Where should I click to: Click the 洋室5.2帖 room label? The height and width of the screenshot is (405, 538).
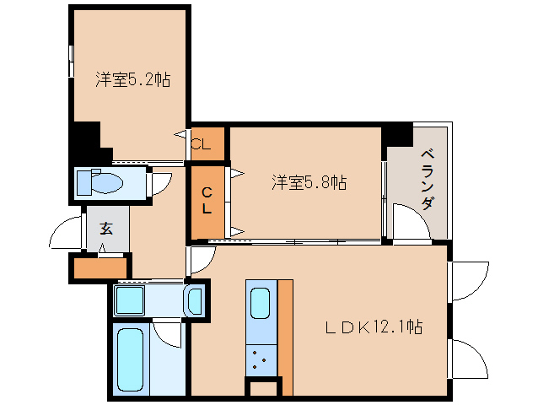[132, 80]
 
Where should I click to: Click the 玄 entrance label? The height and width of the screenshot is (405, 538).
[106, 228]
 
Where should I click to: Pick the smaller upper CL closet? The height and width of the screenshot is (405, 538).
[207, 143]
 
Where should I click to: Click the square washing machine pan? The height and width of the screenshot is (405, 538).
[130, 300]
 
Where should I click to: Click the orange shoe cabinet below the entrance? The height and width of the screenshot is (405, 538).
[100, 268]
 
